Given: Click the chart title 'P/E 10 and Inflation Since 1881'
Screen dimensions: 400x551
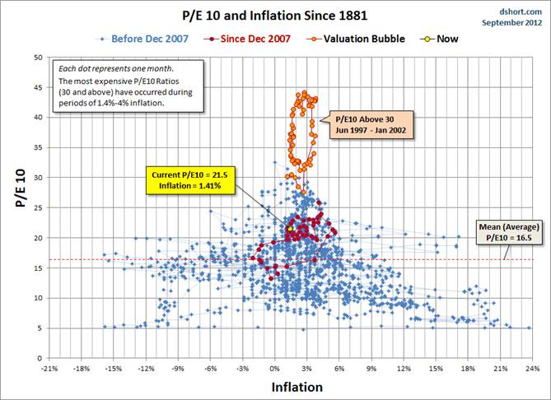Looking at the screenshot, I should click(x=275, y=15).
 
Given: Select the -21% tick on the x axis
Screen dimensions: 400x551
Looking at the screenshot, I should click(x=49, y=368).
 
